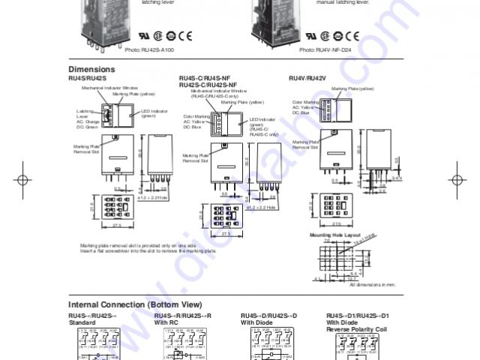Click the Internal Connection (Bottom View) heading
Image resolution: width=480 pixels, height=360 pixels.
[135, 304]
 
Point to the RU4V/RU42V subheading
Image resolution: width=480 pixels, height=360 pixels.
[307, 78]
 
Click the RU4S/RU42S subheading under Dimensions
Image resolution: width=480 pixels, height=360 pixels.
[88, 78]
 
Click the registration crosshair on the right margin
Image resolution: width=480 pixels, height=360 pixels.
[458, 180]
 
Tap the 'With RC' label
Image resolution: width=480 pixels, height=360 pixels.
[166, 322]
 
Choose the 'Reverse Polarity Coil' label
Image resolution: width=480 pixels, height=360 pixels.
[357, 328]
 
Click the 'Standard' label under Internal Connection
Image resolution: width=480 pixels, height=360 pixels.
[82, 322]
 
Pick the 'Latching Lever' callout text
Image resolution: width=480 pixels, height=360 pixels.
[84, 114]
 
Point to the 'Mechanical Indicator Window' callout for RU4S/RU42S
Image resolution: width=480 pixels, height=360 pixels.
[110, 88]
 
